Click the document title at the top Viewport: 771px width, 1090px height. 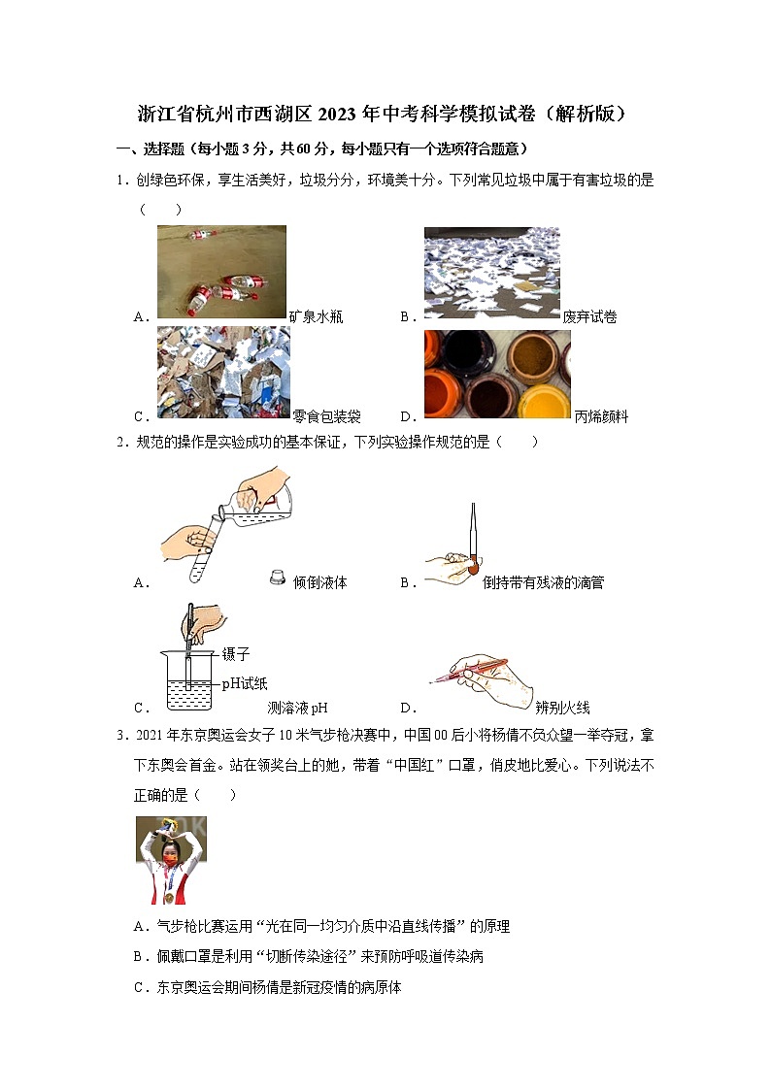385,115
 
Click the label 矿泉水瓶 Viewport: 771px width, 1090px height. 316,316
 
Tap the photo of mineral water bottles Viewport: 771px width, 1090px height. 221,271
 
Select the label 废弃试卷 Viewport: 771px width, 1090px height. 589,316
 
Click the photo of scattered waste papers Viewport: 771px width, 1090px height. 491,271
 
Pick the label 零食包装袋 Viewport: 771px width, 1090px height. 327,416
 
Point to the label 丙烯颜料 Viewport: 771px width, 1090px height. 601,416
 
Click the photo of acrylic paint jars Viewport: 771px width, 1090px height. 496,374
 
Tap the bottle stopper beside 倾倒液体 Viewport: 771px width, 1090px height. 276,578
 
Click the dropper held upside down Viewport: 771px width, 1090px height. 472,539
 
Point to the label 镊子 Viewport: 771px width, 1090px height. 236,654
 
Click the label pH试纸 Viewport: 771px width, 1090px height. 244,682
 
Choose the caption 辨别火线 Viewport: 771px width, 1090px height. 562,708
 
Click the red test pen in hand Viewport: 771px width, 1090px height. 476,670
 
